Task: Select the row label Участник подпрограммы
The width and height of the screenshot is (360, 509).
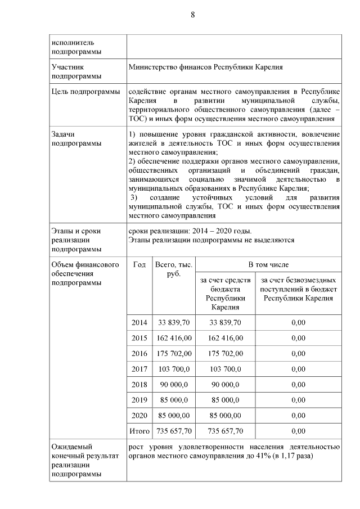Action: coord(76,71)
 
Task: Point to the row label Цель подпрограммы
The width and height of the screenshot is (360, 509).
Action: coord(85,92)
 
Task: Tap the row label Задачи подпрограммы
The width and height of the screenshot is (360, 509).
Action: coord(76,139)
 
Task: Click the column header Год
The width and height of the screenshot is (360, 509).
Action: coord(139,264)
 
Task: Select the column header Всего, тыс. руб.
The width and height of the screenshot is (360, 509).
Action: coord(173,269)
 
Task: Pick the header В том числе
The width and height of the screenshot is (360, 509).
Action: coord(268,264)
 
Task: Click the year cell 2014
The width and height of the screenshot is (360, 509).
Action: coord(139,322)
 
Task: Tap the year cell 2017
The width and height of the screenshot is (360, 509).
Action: coord(139,369)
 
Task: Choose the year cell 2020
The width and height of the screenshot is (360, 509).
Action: coord(139,416)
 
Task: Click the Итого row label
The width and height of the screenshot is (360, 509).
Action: coord(139,431)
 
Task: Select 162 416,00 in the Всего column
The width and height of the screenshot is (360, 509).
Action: coord(173,338)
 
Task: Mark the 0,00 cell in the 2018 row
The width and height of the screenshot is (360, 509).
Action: coord(298,385)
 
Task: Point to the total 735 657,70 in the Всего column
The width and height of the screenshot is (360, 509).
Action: coord(173,431)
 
